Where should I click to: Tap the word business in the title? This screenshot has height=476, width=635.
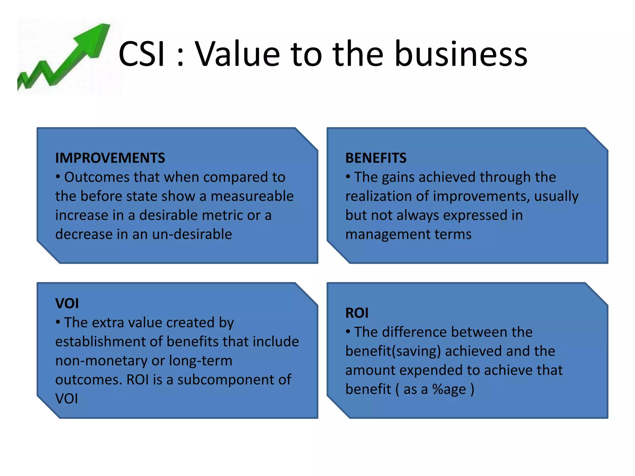(461, 54)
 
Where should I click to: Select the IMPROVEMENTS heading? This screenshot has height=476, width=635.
(110, 158)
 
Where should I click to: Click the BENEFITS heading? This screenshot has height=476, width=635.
(376, 158)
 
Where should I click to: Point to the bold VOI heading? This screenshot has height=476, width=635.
(67, 303)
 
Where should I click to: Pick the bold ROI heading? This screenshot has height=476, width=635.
(357, 313)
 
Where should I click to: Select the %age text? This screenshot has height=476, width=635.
(449, 389)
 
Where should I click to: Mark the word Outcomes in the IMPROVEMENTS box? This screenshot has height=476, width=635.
(97, 177)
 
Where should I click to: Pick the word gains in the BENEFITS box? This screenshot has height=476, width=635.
(398, 177)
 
